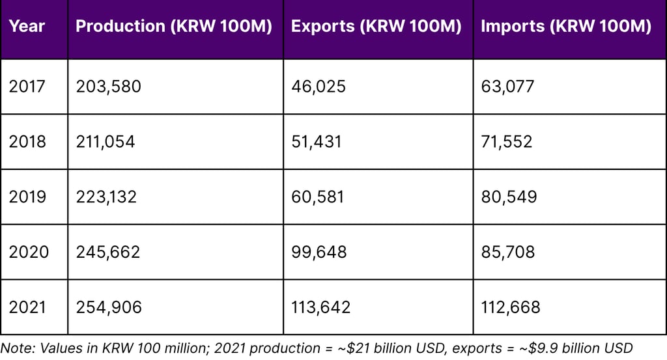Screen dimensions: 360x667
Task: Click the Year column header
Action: pos(27,27)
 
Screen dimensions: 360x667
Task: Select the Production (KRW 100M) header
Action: pos(174,27)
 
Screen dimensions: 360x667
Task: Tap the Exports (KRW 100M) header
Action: pos(376,27)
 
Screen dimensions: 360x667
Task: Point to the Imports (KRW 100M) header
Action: pos(565,27)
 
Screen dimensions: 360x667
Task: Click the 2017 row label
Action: pos(27,87)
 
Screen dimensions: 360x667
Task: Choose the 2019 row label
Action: pos(27,197)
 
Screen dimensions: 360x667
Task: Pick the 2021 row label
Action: pos(27,307)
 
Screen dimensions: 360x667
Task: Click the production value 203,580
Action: pos(108,87)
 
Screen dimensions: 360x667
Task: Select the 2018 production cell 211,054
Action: pos(106,142)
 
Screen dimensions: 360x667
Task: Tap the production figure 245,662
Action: pos(108,252)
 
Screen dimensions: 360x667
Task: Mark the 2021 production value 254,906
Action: pos(109,307)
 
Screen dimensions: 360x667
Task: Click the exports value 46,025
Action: pos(319,87)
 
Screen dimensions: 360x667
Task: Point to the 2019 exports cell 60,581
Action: pos(319,197)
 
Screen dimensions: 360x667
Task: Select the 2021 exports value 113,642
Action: pos(321,307)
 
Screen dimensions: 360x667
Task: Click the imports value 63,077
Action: pos(507,87)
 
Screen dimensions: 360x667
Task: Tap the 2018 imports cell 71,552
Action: pos(507,142)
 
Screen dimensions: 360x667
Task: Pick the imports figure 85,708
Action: pos(508,252)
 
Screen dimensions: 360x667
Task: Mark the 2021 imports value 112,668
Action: pos(511,307)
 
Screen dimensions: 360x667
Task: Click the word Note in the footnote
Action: pos(16,348)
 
